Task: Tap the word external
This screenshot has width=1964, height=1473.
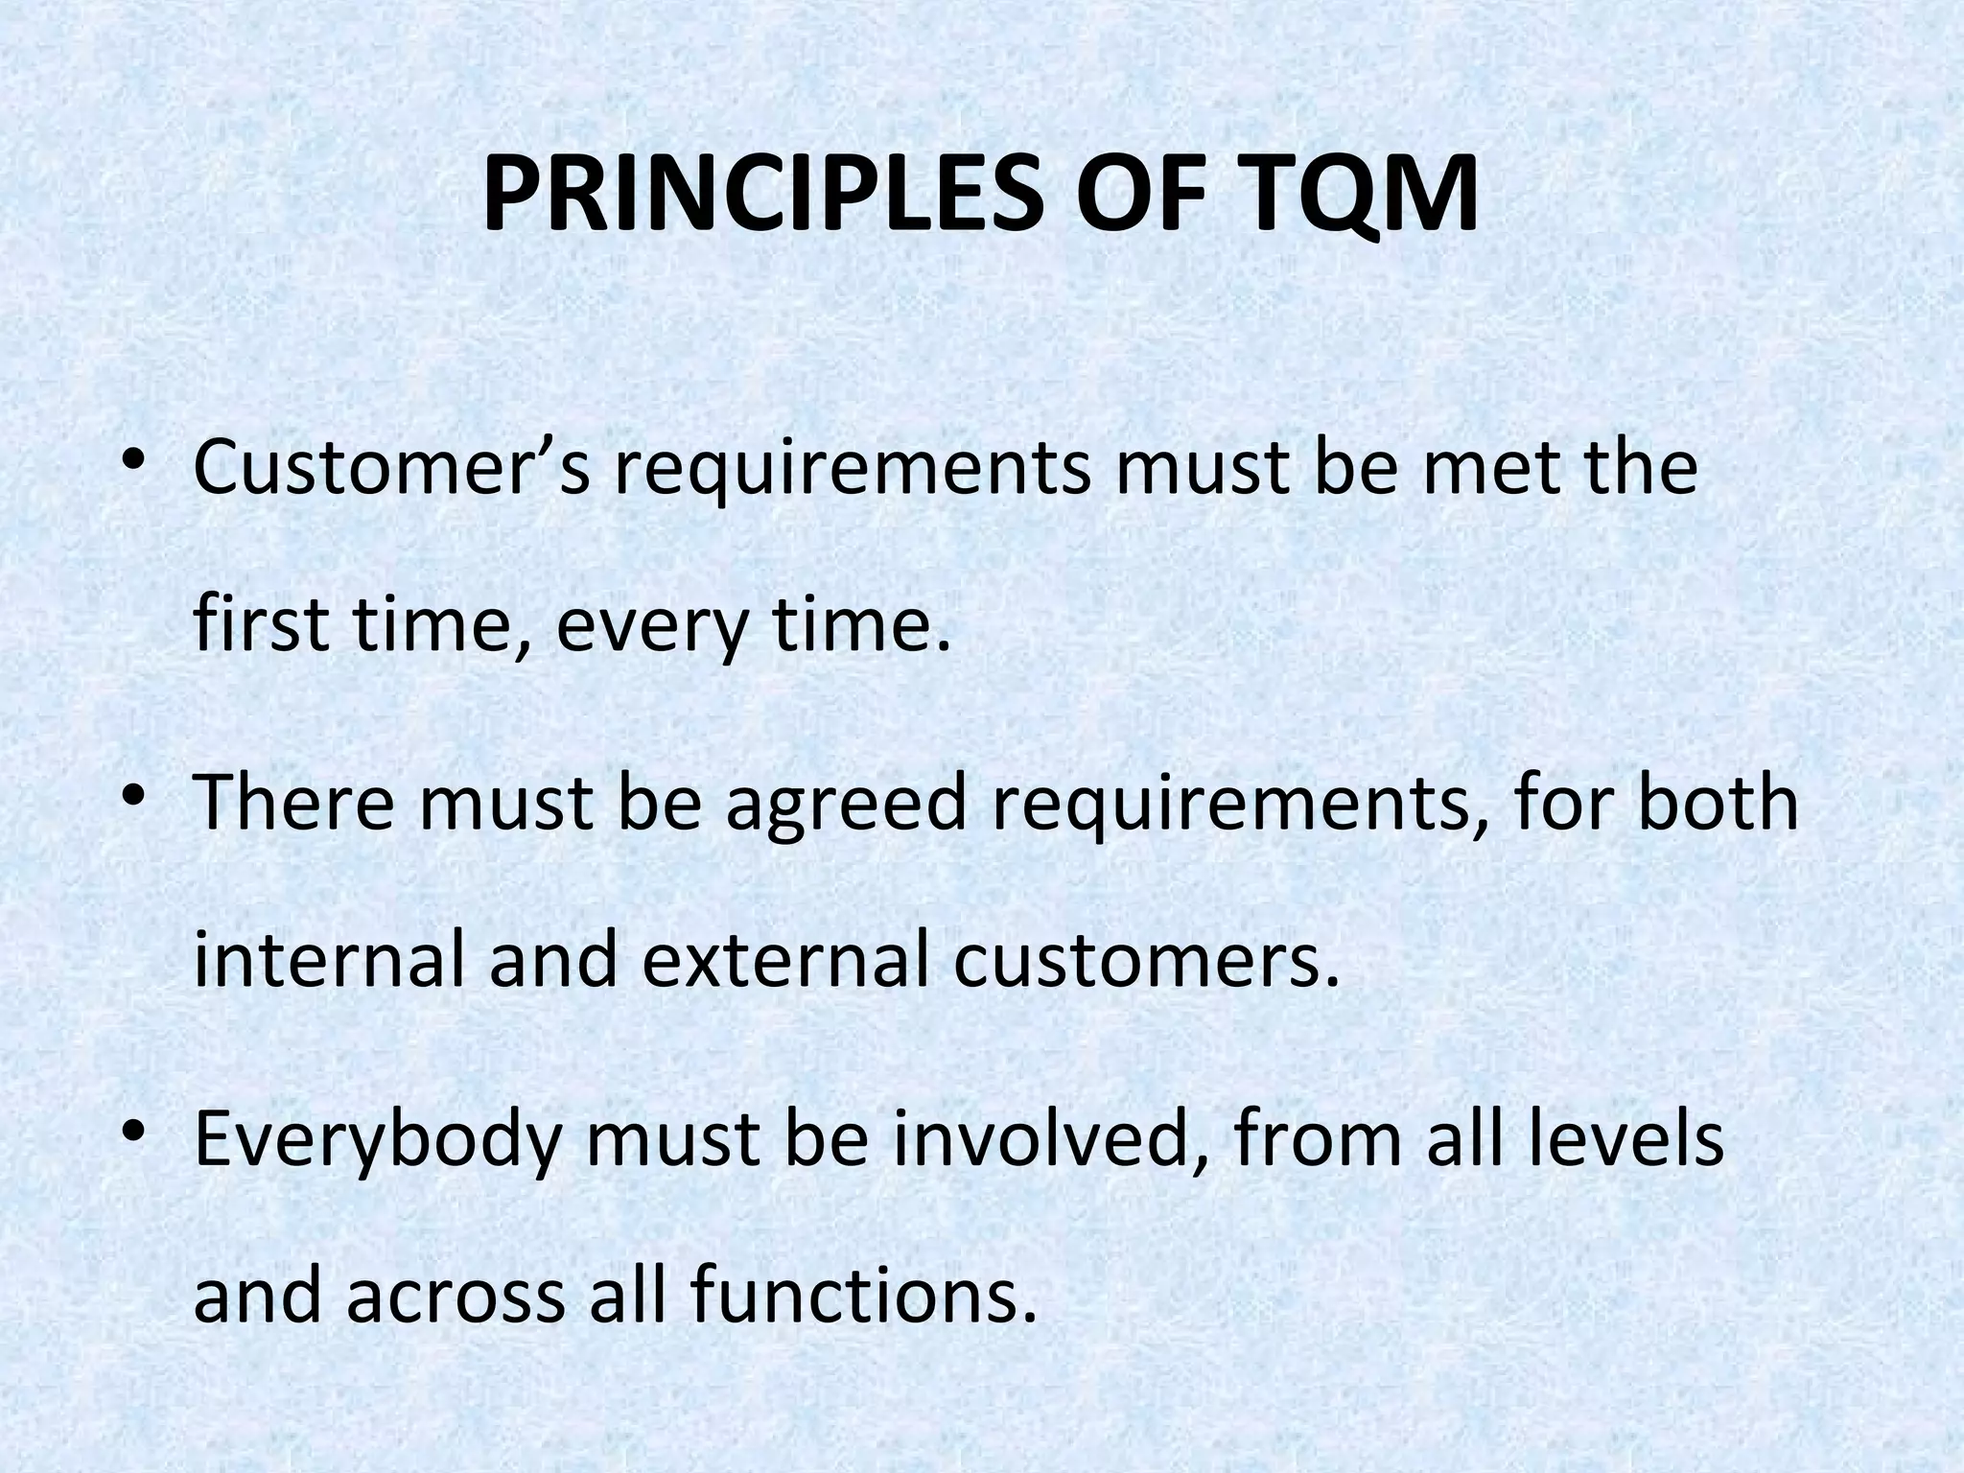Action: [x=784, y=960]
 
